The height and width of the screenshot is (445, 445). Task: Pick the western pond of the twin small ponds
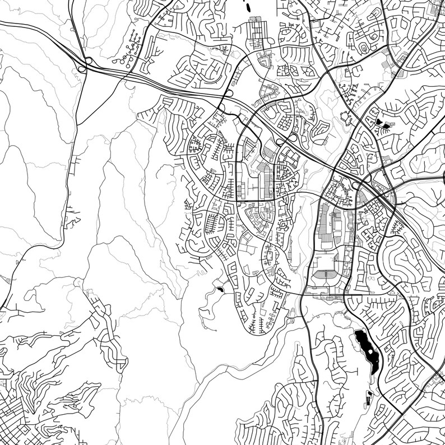pos(379,121)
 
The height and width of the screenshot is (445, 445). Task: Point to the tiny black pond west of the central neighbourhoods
pos(220,289)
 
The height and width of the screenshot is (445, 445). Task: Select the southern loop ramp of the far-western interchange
pos(82,69)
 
